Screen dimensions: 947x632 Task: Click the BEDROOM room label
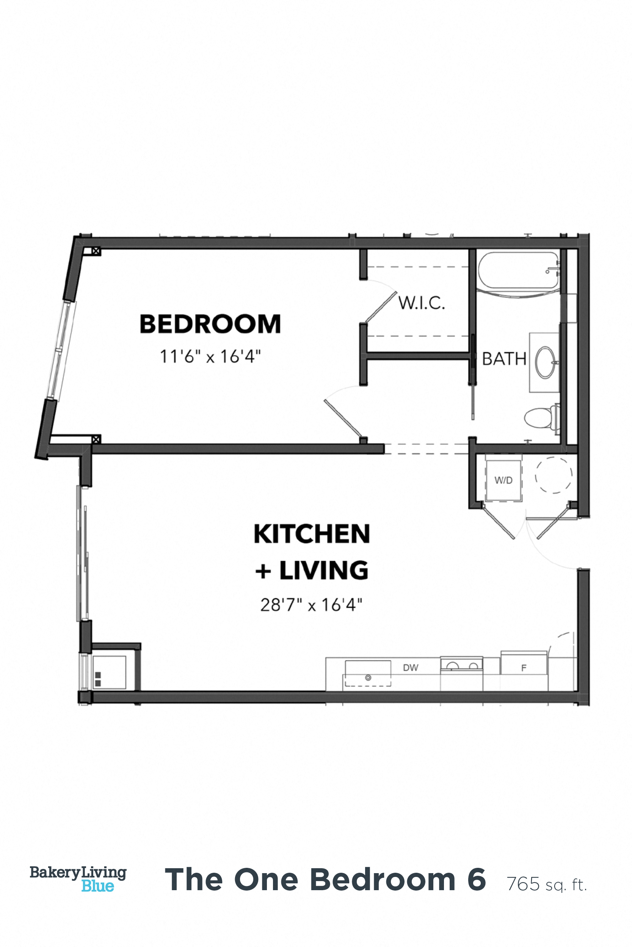coord(210,324)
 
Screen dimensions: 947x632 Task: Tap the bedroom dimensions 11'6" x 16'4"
coord(210,357)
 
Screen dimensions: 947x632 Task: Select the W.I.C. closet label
coord(422,303)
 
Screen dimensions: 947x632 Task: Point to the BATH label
coord(504,359)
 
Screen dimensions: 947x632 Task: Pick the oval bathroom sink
coord(544,363)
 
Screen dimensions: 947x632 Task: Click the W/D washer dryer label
coord(503,480)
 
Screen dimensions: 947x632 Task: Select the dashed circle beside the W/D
coord(554,475)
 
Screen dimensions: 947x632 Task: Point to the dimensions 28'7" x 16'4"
coord(311,605)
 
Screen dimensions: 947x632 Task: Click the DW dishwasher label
coord(410,667)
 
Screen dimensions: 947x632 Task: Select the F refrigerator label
coord(524,668)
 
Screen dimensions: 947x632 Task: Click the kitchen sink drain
coord(368,678)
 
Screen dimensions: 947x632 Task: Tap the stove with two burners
coord(461,664)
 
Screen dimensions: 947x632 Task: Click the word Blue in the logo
coord(97,886)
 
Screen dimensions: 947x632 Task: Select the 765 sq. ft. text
coord(547,884)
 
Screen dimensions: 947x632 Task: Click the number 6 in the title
coord(477,880)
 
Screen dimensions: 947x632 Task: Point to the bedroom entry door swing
coord(343,415)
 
